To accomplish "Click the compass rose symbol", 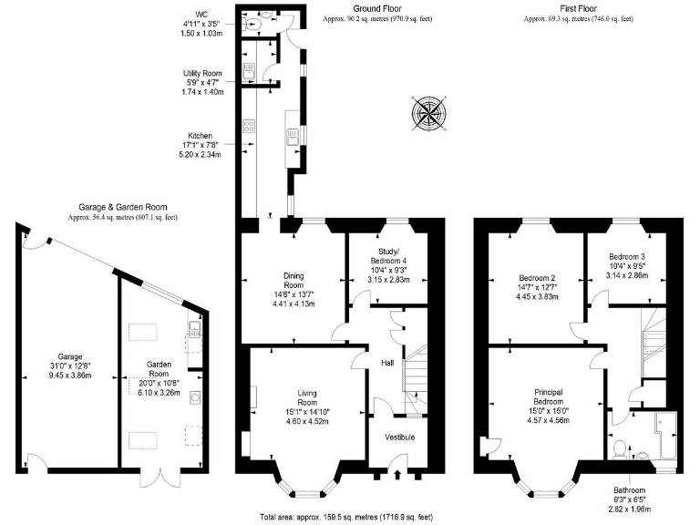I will pyautogui.click(x=429, y=114).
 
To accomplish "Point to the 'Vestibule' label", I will pyautogui.click(x=398, y=437).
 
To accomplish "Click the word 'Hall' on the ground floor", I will pyautogui.click(x=387, y=363).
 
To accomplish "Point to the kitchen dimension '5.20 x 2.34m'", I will pyautogui.click(x=209, y=154).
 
